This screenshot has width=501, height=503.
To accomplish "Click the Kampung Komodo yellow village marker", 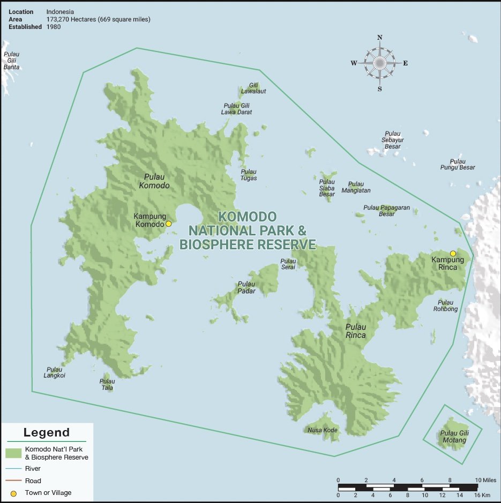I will pos(168,224).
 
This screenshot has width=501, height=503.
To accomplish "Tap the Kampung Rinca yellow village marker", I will pos(453,253).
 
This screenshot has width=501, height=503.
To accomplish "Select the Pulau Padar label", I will pos(246,287).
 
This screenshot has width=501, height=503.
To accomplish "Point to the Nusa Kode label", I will pos(322,430).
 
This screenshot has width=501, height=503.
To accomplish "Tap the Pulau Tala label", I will pos(107,384).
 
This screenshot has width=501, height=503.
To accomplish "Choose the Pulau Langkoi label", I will pos(55,372).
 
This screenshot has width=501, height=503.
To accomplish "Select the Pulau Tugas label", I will pos(249,175).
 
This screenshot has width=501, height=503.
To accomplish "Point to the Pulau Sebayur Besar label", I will pos(393,140).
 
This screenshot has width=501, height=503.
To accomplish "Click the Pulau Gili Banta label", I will pos(11,61).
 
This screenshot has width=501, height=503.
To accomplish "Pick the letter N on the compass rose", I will pos(379,38).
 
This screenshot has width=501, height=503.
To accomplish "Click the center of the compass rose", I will pos(379,63).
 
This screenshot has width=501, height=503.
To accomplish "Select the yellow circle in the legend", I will pos(13,493).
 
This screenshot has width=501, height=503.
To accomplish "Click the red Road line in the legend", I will pos(13,481).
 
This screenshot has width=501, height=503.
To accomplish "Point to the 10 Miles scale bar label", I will pos(485,479).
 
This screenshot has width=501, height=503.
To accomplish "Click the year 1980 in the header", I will pos(54,27).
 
